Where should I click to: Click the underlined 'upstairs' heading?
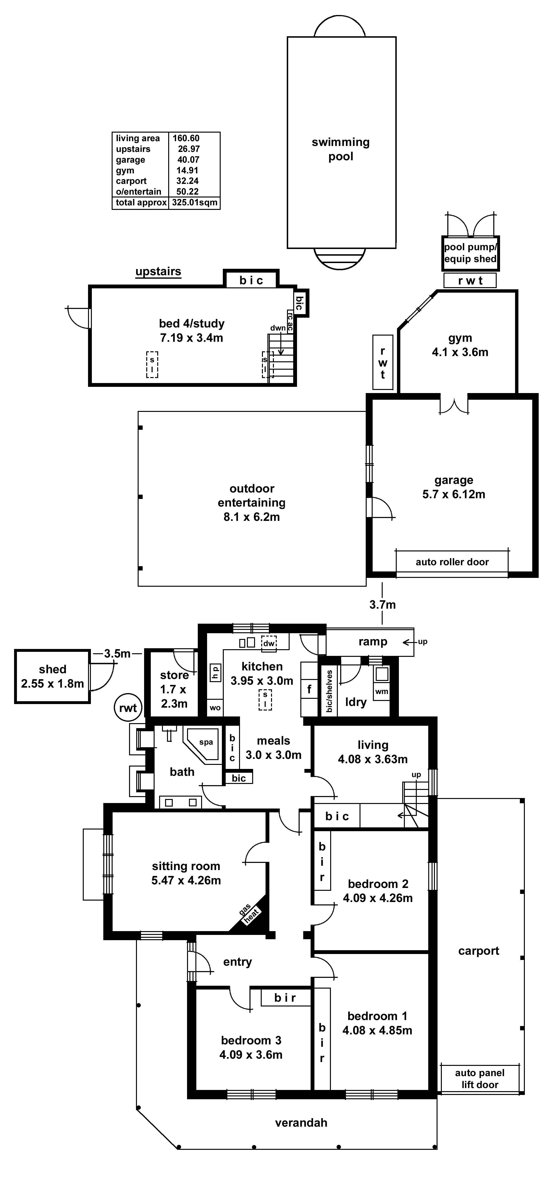158,271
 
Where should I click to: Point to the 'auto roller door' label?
452,562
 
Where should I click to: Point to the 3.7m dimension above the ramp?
382,605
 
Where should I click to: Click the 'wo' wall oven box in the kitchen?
215,708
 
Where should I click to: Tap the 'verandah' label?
301,1123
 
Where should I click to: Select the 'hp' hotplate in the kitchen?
215,672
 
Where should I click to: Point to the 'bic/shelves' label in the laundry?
329,691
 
